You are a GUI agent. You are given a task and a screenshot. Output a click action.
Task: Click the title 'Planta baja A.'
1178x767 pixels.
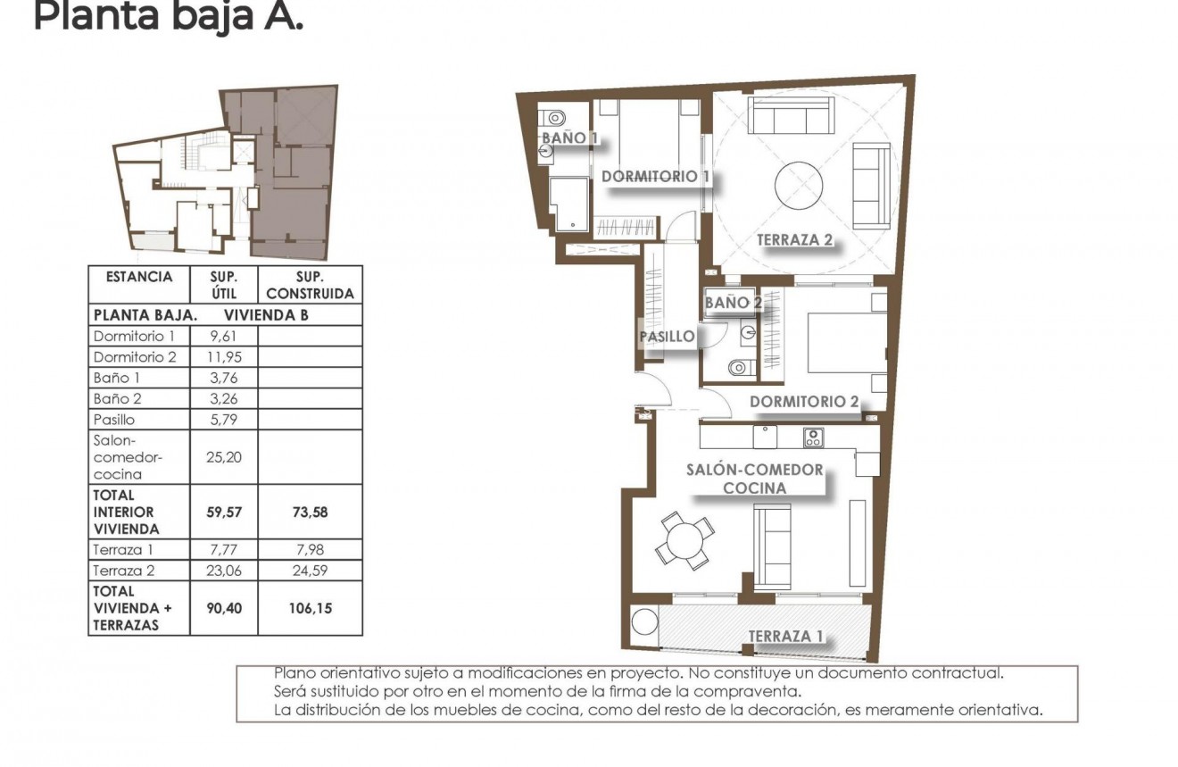(x=169, y=17)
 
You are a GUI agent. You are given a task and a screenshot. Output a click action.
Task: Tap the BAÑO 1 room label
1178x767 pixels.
(x=569, y=138)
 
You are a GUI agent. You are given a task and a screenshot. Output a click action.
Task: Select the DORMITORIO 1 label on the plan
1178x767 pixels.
(x=655, y=177)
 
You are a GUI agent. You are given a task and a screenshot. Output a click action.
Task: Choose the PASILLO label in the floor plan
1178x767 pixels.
(x=667, y=337)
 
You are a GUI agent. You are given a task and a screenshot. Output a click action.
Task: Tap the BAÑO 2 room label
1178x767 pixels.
(x=733, y=303)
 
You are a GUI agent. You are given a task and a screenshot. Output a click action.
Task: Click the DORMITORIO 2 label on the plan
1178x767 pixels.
(x=803, y=402)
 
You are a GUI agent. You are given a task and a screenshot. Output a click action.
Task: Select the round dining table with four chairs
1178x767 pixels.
(x=684, y=541)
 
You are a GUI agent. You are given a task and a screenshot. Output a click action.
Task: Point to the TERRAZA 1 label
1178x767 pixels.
(x=785, y=637)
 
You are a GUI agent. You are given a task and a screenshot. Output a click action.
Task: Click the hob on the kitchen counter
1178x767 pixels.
(x=813, y=438)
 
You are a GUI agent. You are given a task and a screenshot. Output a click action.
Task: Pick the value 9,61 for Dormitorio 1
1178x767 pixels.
(x=223, y=337)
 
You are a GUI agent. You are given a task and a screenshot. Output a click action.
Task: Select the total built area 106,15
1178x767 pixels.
(x=310, y=608)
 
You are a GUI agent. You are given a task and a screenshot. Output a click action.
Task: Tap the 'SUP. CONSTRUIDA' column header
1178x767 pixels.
(x=310, y=285)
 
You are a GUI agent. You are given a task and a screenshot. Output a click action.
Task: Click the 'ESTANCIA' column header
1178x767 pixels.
(x=138, y=277)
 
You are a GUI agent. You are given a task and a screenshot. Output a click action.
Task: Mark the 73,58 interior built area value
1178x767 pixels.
(x=310, y=512)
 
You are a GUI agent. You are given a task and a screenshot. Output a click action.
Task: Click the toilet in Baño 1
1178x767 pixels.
(x=555, y=117)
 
